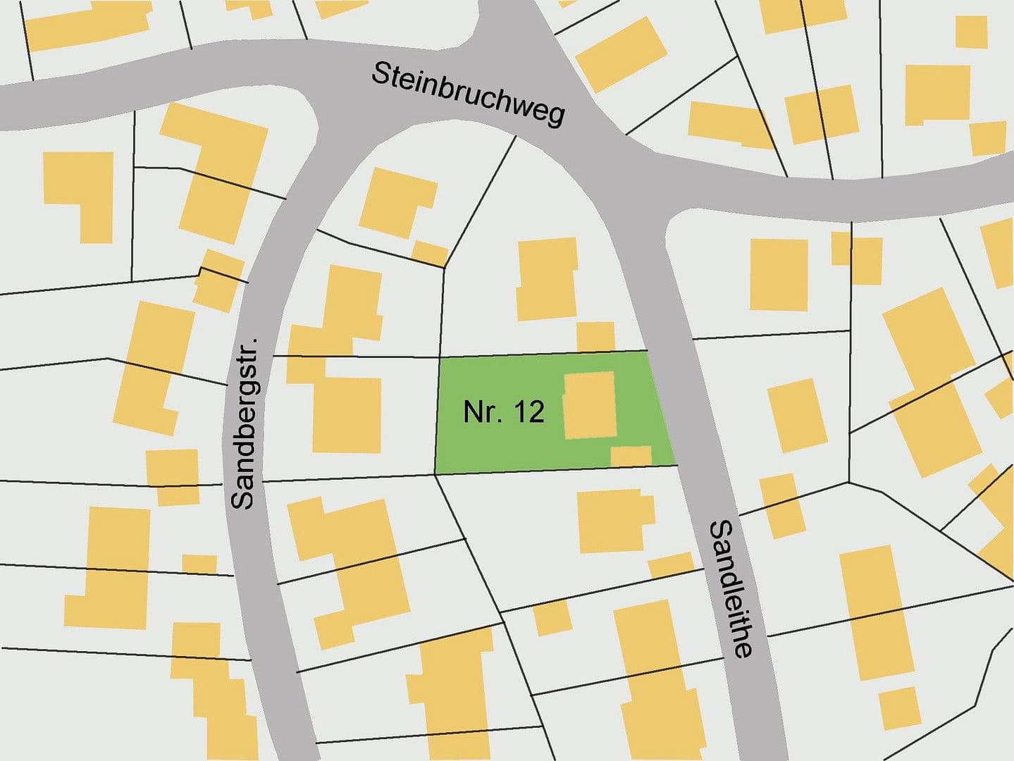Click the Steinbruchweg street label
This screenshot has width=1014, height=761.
[x=468, y=94]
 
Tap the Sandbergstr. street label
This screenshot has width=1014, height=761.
[x=244, y=421]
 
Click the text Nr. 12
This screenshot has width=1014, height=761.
[x=504, y=412]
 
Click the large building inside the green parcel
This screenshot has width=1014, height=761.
[x=590, y=405]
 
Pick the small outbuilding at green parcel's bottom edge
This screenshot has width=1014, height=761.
[x=631, y=456]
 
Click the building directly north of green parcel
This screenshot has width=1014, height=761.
[x=546, y=279]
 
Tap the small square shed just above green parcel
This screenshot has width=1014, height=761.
[x=595, y=336]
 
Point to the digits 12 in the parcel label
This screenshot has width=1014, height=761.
[x=530, y=412]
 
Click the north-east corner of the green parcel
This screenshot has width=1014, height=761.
[x=647, y=351]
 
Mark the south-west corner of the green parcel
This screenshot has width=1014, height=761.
[x=435, y=473]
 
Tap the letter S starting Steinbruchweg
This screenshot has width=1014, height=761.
[x=381, y=74]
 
